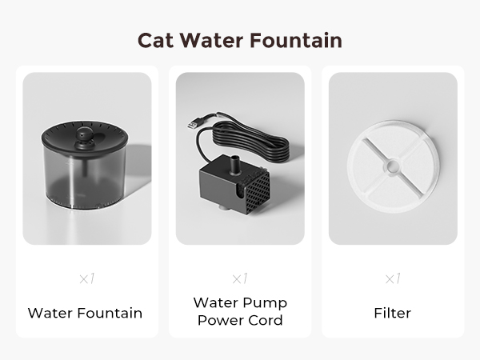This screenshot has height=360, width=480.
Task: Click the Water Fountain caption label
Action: point(85,313)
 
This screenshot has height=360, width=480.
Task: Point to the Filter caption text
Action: point(393,313)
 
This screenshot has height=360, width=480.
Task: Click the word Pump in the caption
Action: point(266,303)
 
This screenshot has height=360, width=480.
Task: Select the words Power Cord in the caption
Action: point(240,322)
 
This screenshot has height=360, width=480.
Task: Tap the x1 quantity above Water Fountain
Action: point(86,279)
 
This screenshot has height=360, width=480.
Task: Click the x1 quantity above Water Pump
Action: point(240,279)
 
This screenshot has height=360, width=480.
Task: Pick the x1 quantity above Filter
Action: point(393,279)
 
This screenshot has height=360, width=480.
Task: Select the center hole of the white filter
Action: point(392,166)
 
